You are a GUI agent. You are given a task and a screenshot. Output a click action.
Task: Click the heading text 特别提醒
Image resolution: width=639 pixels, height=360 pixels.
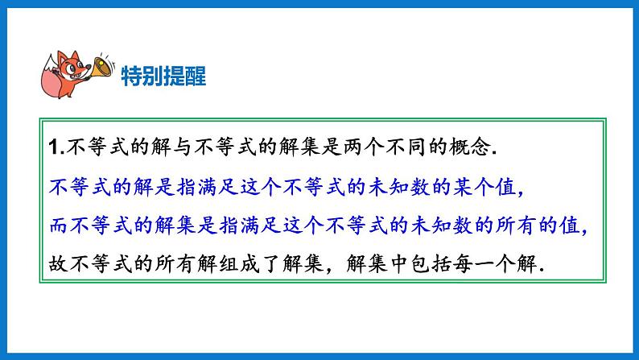click(x=163, y=77)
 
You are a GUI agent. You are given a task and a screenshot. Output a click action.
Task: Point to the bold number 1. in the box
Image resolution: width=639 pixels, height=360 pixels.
click(x=54, y=149)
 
